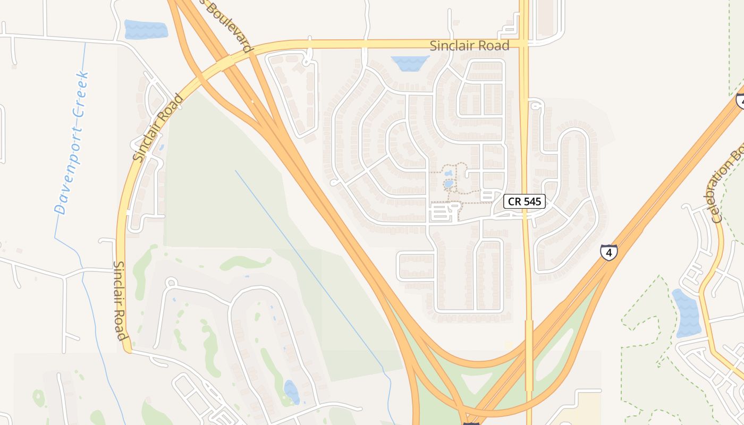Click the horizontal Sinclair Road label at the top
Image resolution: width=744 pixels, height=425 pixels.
(x=469, y=46)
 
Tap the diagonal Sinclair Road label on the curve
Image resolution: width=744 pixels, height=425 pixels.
(x=158, y=127)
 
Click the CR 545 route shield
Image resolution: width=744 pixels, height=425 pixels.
(x=525, y=201)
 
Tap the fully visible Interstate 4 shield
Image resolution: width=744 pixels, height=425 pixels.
(x=609, y=251)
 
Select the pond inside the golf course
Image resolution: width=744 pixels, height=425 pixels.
(x=291, y=392)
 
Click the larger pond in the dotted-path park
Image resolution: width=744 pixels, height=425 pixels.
(x=449, y=184)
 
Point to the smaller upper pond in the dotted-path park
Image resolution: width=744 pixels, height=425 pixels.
(x=449, y=173)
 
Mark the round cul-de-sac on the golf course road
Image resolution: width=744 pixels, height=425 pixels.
(x=171, y=282)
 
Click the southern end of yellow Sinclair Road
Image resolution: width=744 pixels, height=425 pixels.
(x=127, y=348)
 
